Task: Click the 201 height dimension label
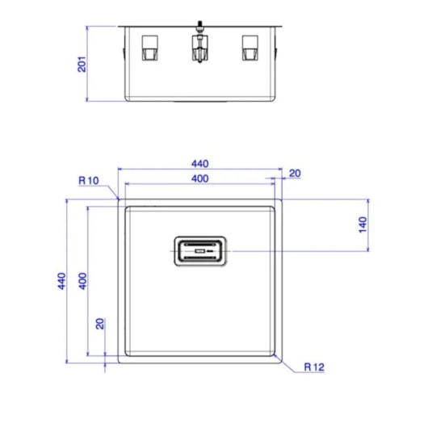82,64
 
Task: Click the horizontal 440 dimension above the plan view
199,162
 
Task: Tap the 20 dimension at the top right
294,173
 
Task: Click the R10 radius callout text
89,180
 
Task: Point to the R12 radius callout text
314,367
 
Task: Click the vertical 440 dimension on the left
61,280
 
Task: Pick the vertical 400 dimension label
82,280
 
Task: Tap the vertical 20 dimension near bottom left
100,324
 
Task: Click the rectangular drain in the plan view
199,253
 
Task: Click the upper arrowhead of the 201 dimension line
89,27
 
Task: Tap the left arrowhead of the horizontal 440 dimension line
121,170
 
